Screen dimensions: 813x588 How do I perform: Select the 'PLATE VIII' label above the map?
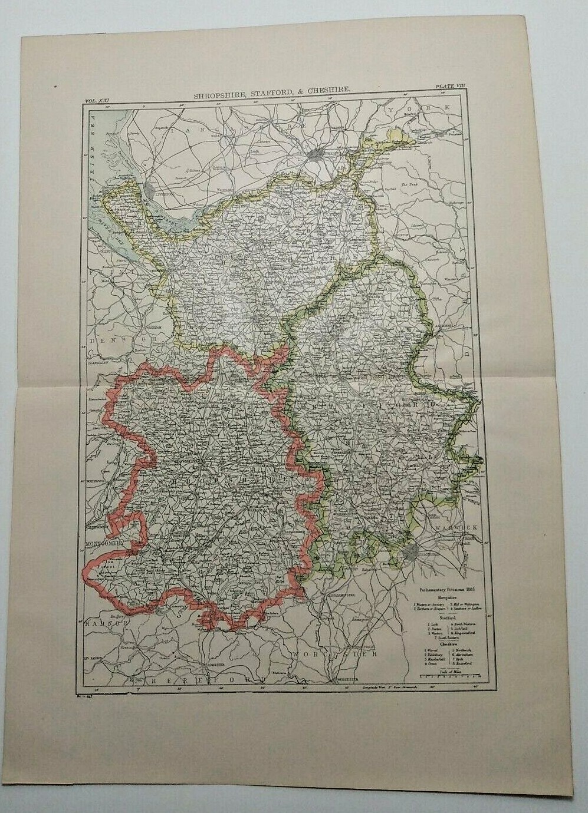(450, 86)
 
